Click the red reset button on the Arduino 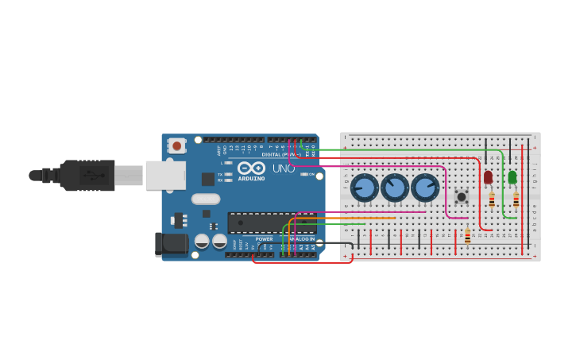coord(176,146)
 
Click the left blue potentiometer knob coord(365,188)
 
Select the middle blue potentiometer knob coord(395,188)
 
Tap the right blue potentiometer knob coord(425,188)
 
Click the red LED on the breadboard coord(488,177)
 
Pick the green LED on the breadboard coord(512,176)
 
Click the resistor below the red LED coord(492,200)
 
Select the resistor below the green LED coord(516,199)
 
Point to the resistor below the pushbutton coord(467,236)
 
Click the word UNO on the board coord(284,168)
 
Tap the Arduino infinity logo coord(251,168)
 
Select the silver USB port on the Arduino coord(165,176)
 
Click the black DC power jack coord(171,245)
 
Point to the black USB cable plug coord(87,176)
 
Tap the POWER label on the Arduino coord(264,238)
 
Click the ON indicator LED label coord(311,174)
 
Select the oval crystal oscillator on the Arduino coord(205,199)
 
